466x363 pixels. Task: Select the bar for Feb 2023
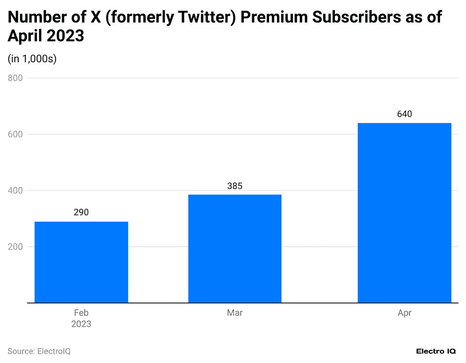click(x=81, y=262)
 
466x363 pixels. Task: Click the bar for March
click(x=235, y=249)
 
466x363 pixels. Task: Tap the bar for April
click(x=404, y=213)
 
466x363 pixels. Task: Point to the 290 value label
click(x=81, y=212)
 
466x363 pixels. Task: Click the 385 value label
click(x=235, y=186)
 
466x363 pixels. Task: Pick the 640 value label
click(x=404, y=114)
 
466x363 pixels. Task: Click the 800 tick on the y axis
click(x=15, y=78)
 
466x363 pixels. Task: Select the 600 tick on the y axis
click(x=15, y=134)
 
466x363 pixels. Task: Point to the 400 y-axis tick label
click(x=15, y=191)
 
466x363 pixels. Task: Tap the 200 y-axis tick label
click(x=15, y=247)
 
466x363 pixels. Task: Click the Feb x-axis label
click(x=81, y=313)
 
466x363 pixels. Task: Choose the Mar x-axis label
click(x=235, y=313)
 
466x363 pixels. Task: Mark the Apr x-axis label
click(x=404, y=313)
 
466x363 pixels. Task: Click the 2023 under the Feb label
click(x=81, y=324)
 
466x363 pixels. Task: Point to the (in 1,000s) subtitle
click(x=32, y=59)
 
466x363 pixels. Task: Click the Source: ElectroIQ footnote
click(x=39, y=351)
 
